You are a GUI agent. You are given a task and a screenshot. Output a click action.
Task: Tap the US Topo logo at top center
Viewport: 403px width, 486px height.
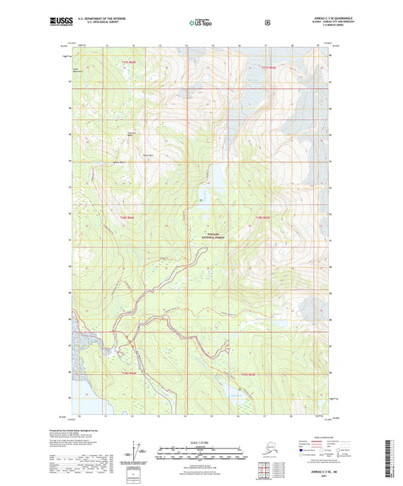[x=200, y=23]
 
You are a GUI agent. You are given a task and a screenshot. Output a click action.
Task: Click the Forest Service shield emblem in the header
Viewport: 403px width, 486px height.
[x=266, y=23]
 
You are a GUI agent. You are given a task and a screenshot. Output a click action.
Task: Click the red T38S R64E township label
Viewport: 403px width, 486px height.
[x=126, y=218]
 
